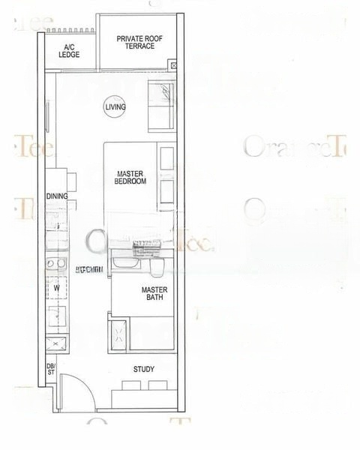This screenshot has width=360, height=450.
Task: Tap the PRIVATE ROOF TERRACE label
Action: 136,42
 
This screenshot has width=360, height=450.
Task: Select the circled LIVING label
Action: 115,107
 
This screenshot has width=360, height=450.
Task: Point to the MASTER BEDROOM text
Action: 130,177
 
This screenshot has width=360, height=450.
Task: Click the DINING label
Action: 56,196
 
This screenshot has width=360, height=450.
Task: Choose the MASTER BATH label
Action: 154,293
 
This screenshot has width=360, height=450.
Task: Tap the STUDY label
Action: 144,369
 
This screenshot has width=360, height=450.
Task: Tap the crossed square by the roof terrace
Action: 174,67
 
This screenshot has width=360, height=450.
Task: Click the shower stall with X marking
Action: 118,334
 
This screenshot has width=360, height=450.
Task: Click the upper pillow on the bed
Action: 166,159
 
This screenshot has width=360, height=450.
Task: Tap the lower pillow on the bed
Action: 166,192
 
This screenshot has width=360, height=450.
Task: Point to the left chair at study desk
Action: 131,385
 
